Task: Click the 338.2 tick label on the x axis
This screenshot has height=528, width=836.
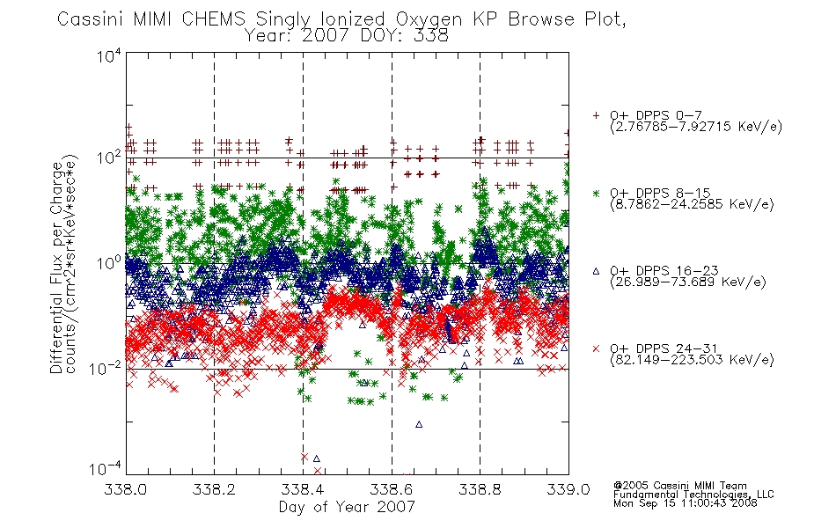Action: pyautogui.click(x=214, y=489)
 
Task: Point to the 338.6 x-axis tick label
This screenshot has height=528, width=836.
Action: pyautogui.click(x=392, y=489)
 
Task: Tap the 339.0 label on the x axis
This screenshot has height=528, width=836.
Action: pyautogui.click(x=568, y=489)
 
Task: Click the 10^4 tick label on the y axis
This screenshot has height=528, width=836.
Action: pyautogui.click(x=109, y=55)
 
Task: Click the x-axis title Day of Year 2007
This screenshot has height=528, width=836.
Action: pyautogui.click(x=347, y=507)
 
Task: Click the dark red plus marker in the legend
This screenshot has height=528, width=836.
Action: pyautogui.click(x=596, y=115)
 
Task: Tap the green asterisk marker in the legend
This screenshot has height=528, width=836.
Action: pyautogui.click(x=596, y=193)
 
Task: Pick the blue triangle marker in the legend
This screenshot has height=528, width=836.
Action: pyautogui.click(x=596, y=271)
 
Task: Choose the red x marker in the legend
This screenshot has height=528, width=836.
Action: pyautogui.click(x=596, y=348)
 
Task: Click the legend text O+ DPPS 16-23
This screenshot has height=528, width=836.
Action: pyautogui.click(x=664, y=270)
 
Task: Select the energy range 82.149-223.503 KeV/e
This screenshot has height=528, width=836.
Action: pyautogui.click(x=692, y=360)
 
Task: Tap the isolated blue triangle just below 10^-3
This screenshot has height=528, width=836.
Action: pyautogui.click(x=419, y=424)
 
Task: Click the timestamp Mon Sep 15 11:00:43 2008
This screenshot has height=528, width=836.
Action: pyautogui.click(x=686, y=503)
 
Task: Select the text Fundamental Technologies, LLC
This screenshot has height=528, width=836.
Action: pyautogui.click(x=693, y=495)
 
